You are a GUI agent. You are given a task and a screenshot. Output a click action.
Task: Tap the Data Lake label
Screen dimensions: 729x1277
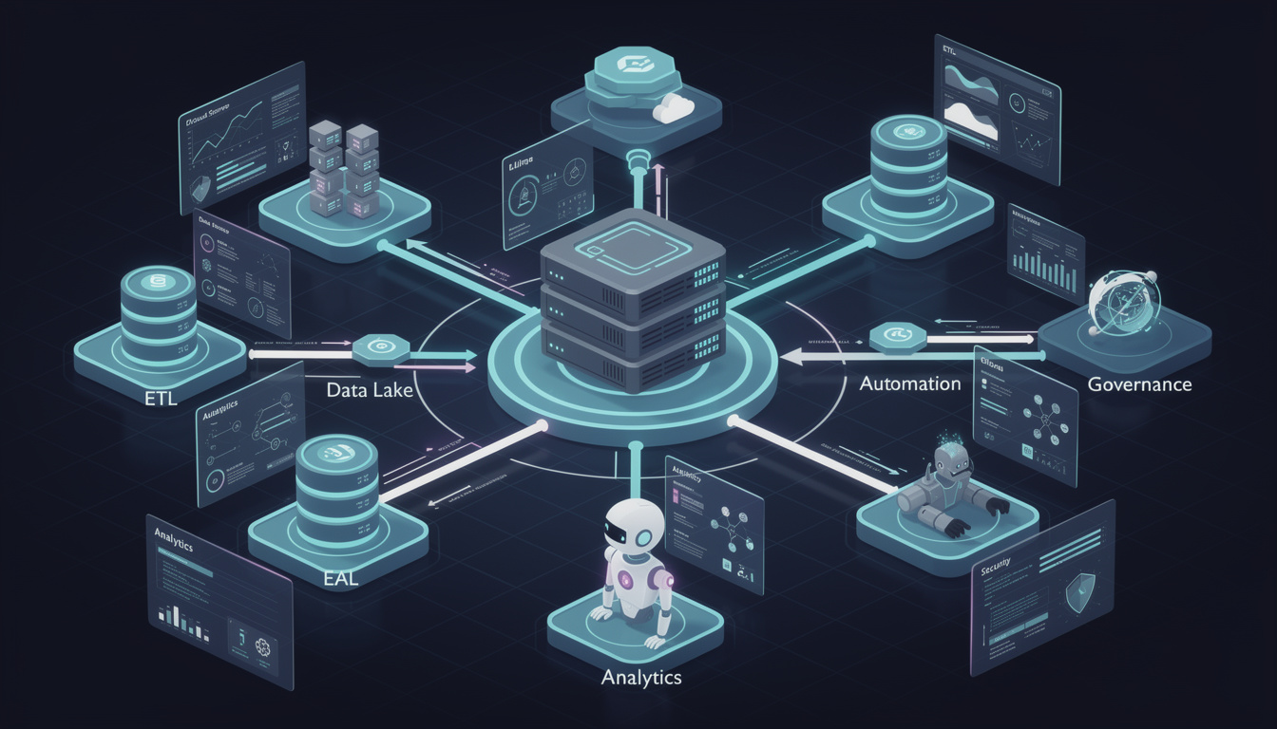370,389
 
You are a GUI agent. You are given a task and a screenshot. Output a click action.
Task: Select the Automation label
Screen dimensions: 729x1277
910,384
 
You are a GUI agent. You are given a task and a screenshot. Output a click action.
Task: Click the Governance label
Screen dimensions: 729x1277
1139,384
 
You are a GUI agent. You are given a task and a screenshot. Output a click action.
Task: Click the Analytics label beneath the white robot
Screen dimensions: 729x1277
641,678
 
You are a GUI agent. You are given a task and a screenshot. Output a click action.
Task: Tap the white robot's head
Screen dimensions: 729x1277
634,528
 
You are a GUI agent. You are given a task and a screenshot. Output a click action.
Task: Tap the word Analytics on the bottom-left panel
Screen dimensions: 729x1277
174,547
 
